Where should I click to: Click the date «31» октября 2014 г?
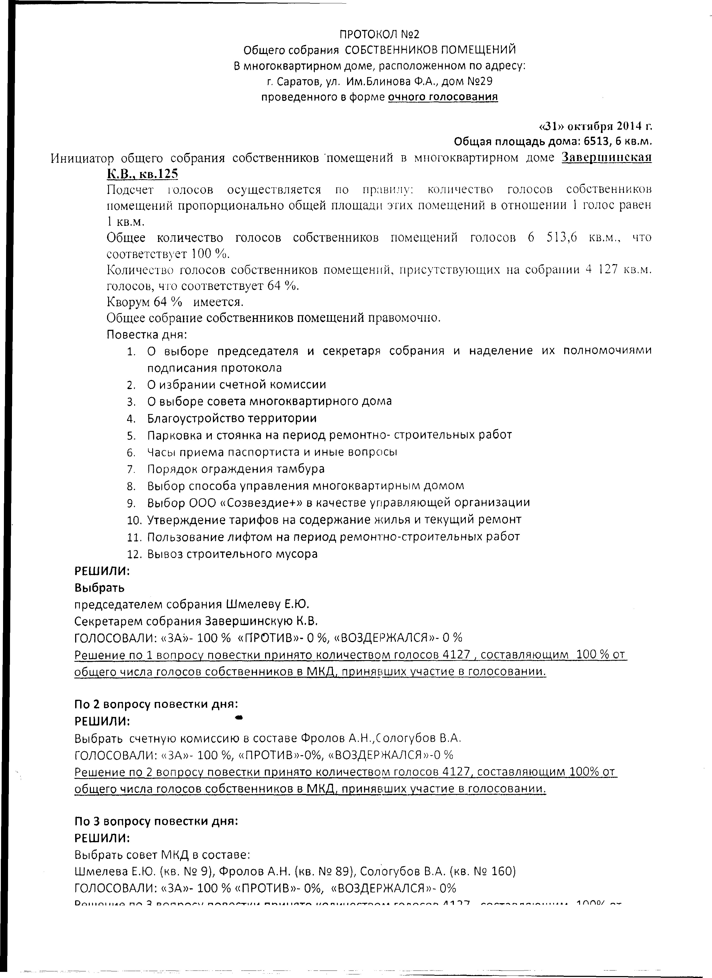[596, 126]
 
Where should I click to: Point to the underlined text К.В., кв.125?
[143, 174]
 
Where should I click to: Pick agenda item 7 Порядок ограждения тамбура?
[236, 469]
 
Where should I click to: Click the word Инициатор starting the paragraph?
[82, 158]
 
